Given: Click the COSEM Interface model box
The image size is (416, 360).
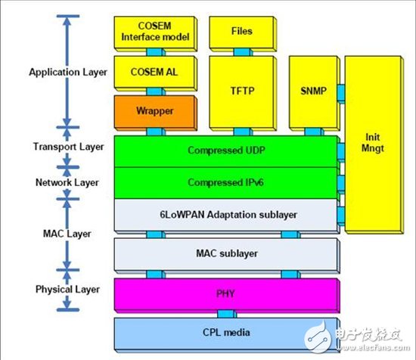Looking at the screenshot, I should click(x=154, y=31).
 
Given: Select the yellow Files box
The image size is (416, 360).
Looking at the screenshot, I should click(x=241, y=32).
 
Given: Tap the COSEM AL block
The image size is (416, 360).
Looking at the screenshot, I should click(x=154, y=72).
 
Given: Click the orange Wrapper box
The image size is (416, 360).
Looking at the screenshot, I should click(x=154, y=110).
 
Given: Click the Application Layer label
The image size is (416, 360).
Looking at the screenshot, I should click(x=68, y=73).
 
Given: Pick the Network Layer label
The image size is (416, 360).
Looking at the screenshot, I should click(x=68, y=182).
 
